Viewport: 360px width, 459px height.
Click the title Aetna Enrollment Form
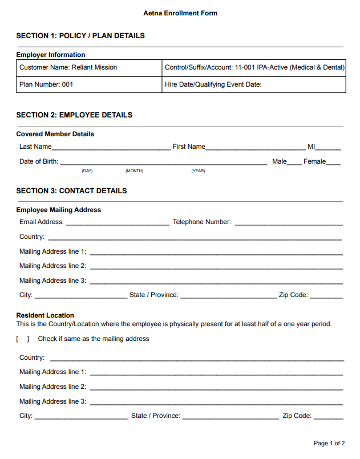(x=180, y=13)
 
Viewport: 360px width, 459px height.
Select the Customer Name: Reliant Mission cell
(x=90, y=67)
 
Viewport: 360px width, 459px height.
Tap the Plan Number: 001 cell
(x=90, y=84)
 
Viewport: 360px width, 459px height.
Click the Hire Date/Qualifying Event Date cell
(x=254, y=84)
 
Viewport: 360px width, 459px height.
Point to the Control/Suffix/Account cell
(x=254, y=67)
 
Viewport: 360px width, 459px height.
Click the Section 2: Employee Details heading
(x=74, y=115)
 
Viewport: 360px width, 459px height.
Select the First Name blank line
(x=255, y=148)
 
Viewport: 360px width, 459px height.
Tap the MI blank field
(x=329, y=148)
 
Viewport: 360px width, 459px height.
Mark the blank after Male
(x=294, y=163)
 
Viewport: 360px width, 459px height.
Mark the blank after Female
(x=334, y=163)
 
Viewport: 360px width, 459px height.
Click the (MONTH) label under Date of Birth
(x=134, y=171)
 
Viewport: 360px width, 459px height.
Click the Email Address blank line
(x=117, y=223)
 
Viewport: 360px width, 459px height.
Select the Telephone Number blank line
(x=288, y=223)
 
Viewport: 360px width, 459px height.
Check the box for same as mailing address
(x=23, y=339)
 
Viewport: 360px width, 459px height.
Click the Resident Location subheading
(x=45, y=315)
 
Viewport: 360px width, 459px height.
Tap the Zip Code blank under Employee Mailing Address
(x=326, y=296)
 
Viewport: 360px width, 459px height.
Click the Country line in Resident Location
(x=197, y=359)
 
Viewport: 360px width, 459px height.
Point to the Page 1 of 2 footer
(x=329, y=443)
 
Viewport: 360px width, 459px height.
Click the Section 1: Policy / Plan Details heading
(x=80, y=36)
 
